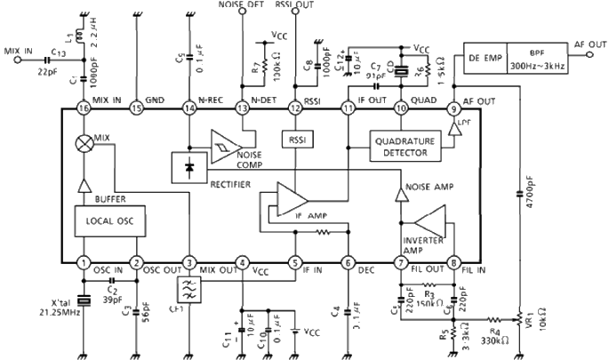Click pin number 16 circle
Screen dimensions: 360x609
pyautogui.click(x=84, y=108)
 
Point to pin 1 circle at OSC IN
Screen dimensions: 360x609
pyautogui.click(x=84, y=263)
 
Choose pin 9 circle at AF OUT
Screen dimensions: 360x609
pyautogui.click(x=453, y=108)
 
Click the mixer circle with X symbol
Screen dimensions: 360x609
pyautogui.click(x=84, y=142)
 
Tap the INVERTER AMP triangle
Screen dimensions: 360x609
pyautogui.click(x=432, y=219)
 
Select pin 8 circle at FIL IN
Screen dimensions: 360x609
pyautogui.click(x=453, y=263)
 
